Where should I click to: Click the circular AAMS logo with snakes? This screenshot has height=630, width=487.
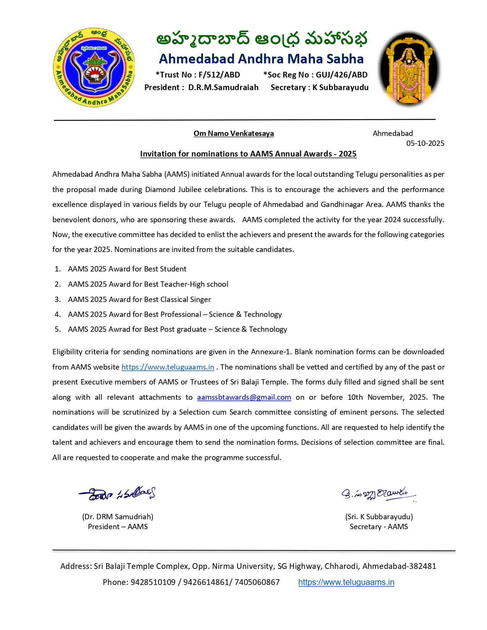[94, 67]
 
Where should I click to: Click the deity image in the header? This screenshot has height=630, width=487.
[409, 68]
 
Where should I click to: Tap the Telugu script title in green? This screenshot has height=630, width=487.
[262, 39]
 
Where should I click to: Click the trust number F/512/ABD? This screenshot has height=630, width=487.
[219, 75]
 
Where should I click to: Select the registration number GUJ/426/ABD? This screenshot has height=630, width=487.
[341, 75]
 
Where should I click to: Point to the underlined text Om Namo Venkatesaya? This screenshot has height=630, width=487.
[233, 133]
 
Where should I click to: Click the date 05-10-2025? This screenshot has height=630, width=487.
[425, 143]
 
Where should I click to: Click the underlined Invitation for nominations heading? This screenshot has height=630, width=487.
[248, 154]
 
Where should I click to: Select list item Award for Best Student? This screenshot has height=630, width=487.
[127, 269]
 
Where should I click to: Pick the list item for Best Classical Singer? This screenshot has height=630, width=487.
[139, 299]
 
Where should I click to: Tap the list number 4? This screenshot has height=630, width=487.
[57, 314]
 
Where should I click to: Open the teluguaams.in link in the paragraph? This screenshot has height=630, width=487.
[168, 367]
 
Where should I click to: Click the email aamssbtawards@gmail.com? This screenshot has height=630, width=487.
[244, 397]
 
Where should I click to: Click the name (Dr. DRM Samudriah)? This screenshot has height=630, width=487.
[117, 517]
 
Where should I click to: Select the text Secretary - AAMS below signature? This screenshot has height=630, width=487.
[379, 527]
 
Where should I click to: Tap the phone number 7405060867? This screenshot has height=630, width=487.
[257, 582]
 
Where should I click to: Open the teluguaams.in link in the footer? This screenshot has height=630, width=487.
[346, 582]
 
